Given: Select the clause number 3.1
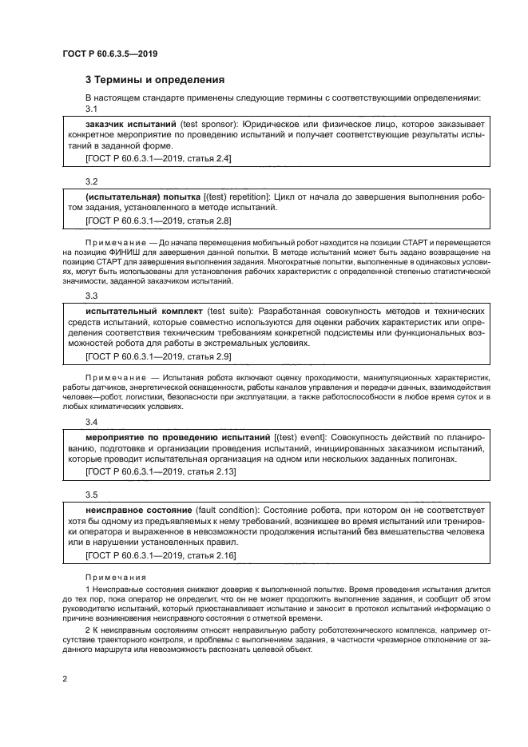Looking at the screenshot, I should pos(91,109).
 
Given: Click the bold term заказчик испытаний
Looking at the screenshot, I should pos(130,124).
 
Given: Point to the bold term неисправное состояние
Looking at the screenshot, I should pos(138,509).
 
